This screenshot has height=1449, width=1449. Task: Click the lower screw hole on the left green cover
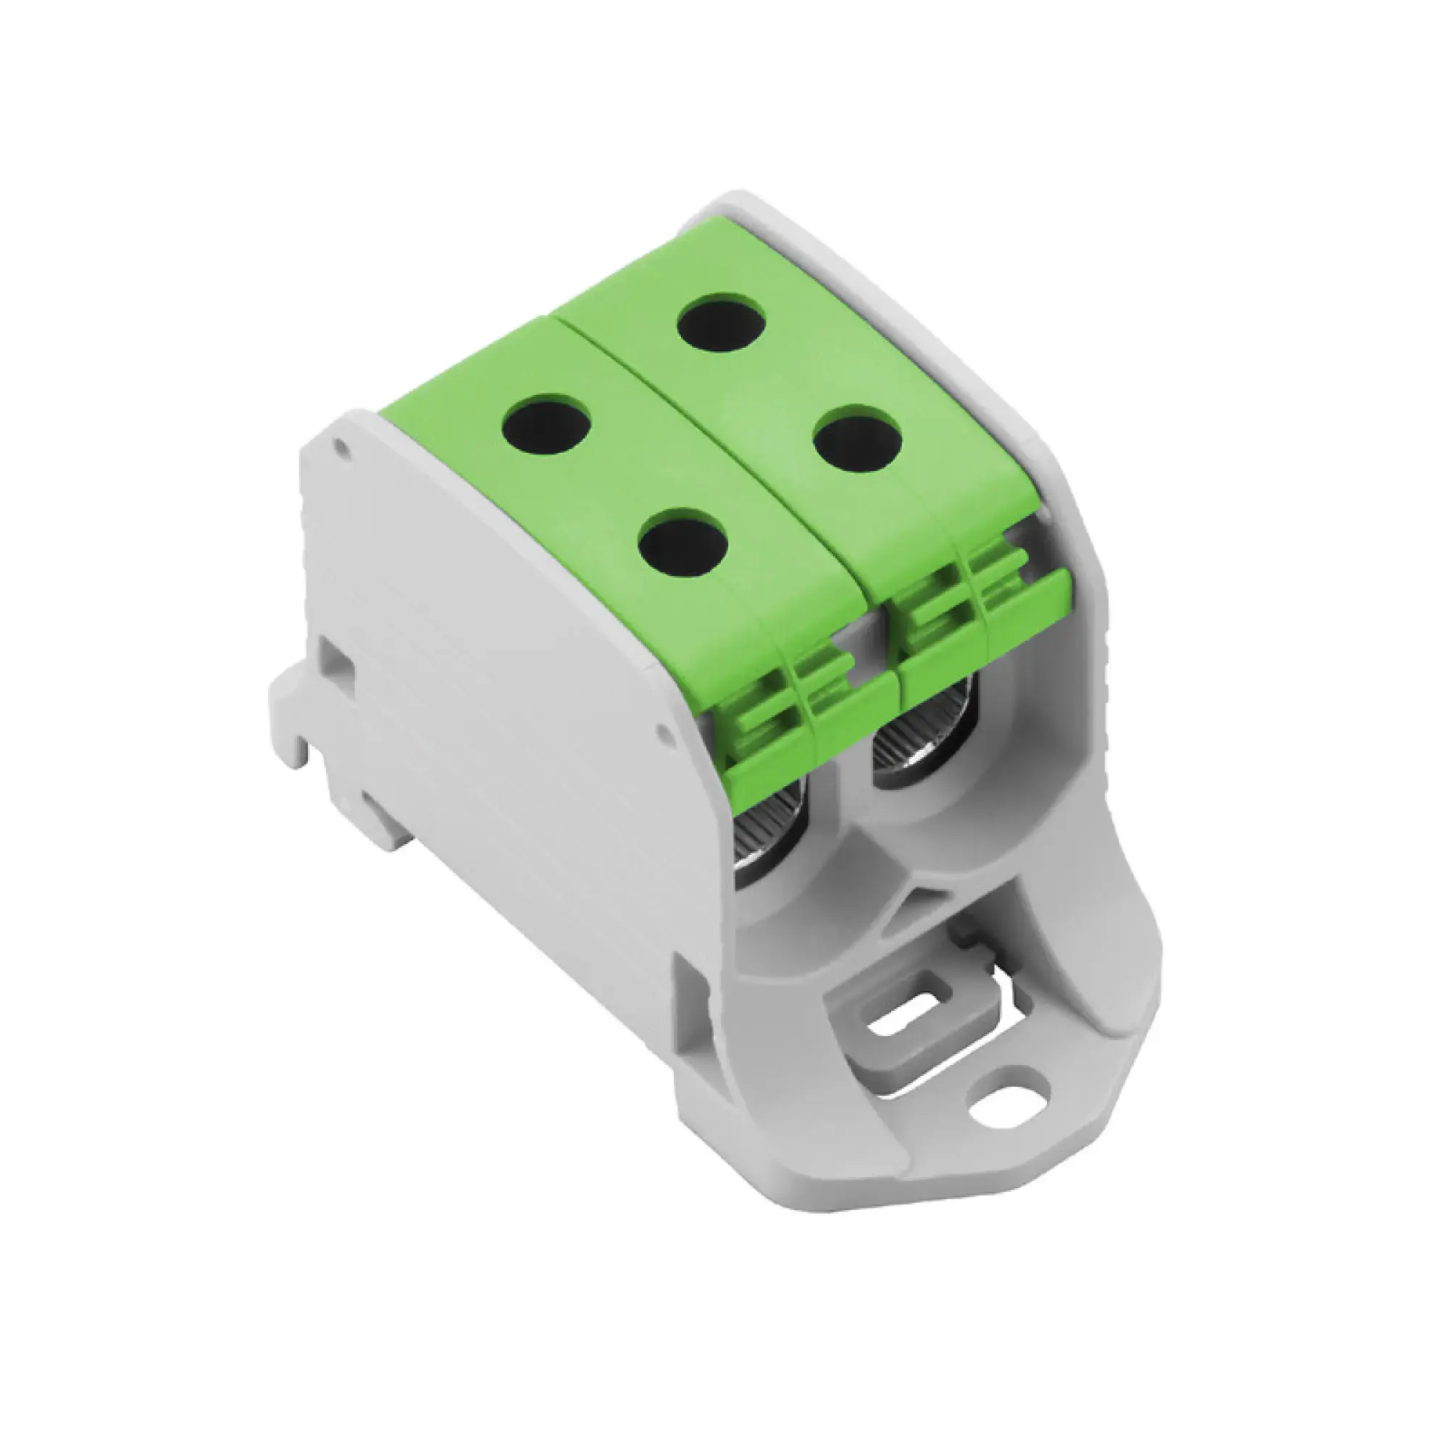click(685, 542)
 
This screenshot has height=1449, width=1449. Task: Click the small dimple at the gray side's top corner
click(342, 448)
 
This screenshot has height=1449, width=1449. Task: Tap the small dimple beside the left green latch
click(663, 729)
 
